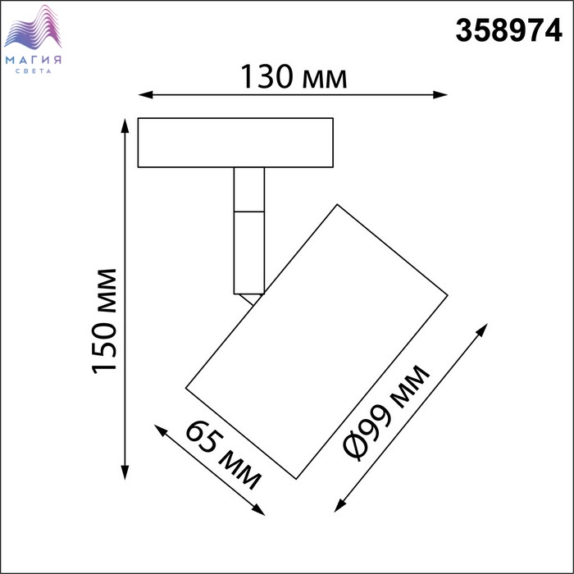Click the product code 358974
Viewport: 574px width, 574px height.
pyautogui.click(x=508, y=30)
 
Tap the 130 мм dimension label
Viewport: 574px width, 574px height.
pyautogui.click(x=294, y=77)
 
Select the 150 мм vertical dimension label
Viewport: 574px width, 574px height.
pyautogui.click(x=104, y=321)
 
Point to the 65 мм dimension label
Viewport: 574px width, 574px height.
pyautogui.click(x=223, y=456)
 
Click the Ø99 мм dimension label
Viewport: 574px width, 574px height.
pyautogui.click(x=385, y=412)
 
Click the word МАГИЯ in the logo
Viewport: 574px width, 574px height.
pyautogui.click(x=34, y=60)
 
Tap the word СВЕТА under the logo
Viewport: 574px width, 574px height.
pyautogui.click(x=34, y=71)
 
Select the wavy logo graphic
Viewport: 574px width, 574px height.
pyautogui.click(x=33, y=27)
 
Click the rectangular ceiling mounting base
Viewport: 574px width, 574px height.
pyautogui.click(x=235, y=143)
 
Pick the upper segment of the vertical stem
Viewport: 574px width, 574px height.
pyautogui.click(x=249, y=189)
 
